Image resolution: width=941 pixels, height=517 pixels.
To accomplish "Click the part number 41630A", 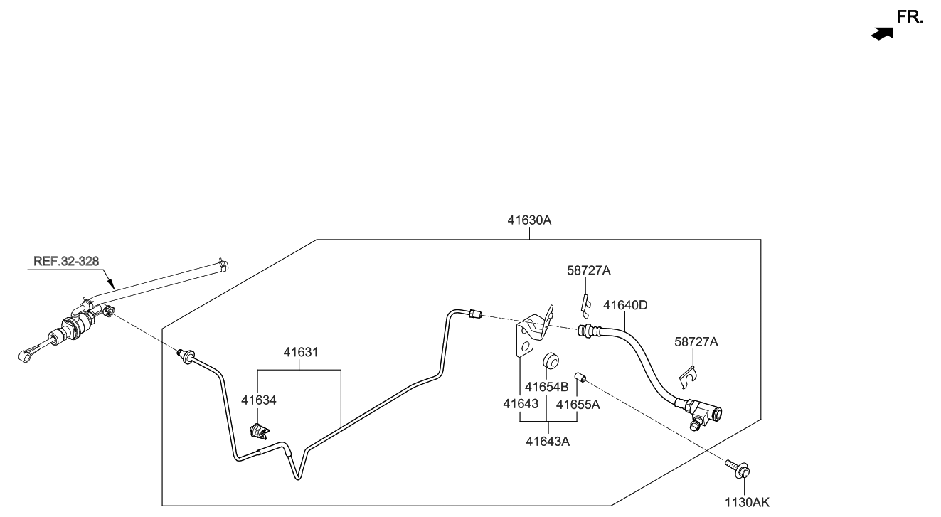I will pyautogui.click(x=529, y=220).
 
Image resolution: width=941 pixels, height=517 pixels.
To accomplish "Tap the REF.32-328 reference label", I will pyautogui.click(x=66, y=261).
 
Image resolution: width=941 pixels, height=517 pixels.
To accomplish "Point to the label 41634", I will pyautogui.click(x=258, y=400).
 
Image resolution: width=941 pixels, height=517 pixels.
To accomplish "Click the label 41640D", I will pyautogui.click(x=625, y=305).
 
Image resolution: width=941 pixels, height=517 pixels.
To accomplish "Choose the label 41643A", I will pyautogui.click(x=548, y=441).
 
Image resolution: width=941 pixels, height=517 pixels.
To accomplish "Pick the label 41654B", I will pyautogui.click(x=546, y=388).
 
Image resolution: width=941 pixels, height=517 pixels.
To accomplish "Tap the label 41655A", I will pyautogui.click(x=578, y=405).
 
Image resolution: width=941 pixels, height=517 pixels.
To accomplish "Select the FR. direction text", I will pyautogui.click(x=910, y=18).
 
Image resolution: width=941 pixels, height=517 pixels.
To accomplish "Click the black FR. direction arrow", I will pyautogui.click(x=882, y=33).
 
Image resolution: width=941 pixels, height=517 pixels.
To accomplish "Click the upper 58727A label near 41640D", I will pyautogui.click(x=589, y=270).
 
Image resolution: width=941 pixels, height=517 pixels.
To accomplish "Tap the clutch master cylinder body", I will pyautogui.click(x=75, y=326).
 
